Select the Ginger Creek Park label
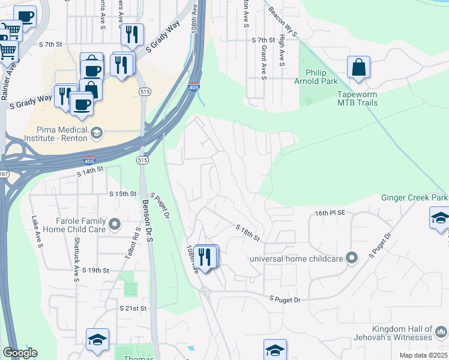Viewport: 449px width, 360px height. (415, 197)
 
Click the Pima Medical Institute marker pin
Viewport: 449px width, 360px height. (96, 133)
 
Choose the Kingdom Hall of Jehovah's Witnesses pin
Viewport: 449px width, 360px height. (441, 329)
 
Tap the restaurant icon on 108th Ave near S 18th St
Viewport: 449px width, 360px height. (205, 256)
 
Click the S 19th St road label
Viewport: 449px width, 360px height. (93, 271)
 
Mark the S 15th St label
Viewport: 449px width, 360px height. (123, 194)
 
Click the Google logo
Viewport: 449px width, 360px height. (20, 353)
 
